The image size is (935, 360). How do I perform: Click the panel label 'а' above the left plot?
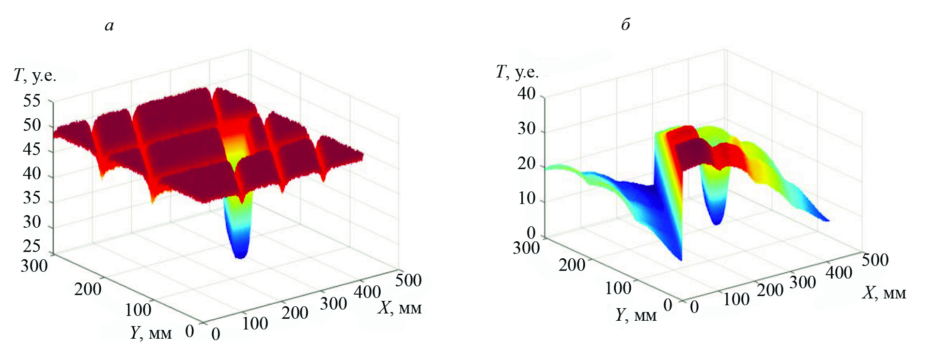(109, 25)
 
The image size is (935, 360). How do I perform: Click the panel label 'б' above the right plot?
(625, 24)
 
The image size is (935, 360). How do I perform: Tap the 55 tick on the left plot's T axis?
(32, 101)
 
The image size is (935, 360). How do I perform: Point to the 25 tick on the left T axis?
(32, 246)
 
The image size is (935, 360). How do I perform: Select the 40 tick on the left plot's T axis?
(32, 173)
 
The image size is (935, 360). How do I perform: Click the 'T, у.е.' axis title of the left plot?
(35, 76)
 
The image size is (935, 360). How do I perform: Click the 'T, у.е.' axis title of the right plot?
(517, 72)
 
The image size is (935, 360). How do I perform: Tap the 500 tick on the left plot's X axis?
(408, 280)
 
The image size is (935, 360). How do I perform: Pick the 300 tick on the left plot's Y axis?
(34, 266)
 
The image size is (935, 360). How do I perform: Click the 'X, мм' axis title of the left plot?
(400, 308)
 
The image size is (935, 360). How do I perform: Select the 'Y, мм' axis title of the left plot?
(151, 333)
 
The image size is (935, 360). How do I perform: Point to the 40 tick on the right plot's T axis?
(526, 94)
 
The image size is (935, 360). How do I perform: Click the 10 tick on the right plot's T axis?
(526, 198)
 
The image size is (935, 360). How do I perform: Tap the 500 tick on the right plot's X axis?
(875, 260)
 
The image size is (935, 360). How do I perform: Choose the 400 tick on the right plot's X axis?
(839, 272)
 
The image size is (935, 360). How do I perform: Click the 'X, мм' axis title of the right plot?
(884, 293)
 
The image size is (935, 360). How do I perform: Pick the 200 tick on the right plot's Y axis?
(572, 265)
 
